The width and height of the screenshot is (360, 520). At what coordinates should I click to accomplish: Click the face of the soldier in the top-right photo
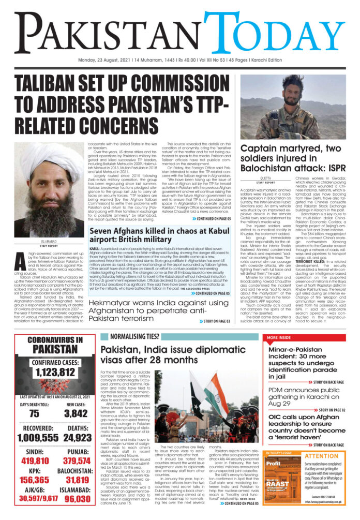310,86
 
